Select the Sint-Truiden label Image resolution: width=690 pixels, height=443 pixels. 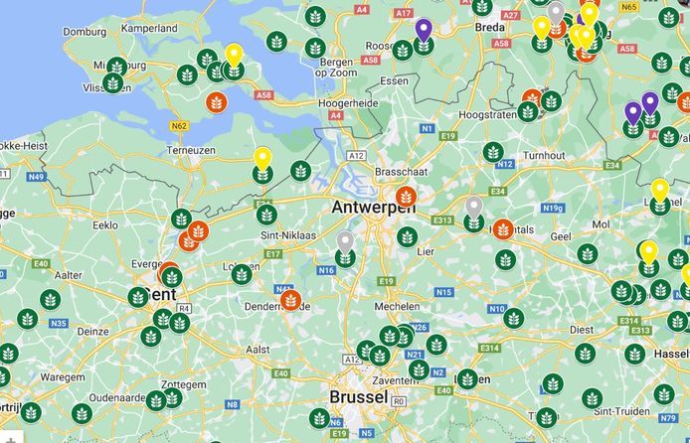pos(605,398)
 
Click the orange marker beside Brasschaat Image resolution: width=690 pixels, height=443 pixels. pos(406,197)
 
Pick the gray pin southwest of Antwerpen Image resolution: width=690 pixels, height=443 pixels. pos(345,241)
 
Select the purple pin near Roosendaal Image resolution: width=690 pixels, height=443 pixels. pos(424,30)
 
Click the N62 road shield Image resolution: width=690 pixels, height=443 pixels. pos(180,126)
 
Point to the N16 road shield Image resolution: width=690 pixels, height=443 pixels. pos(326,269)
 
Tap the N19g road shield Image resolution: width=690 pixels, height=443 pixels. pos(554,208)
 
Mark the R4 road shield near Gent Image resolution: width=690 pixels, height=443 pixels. pos(186,309)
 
